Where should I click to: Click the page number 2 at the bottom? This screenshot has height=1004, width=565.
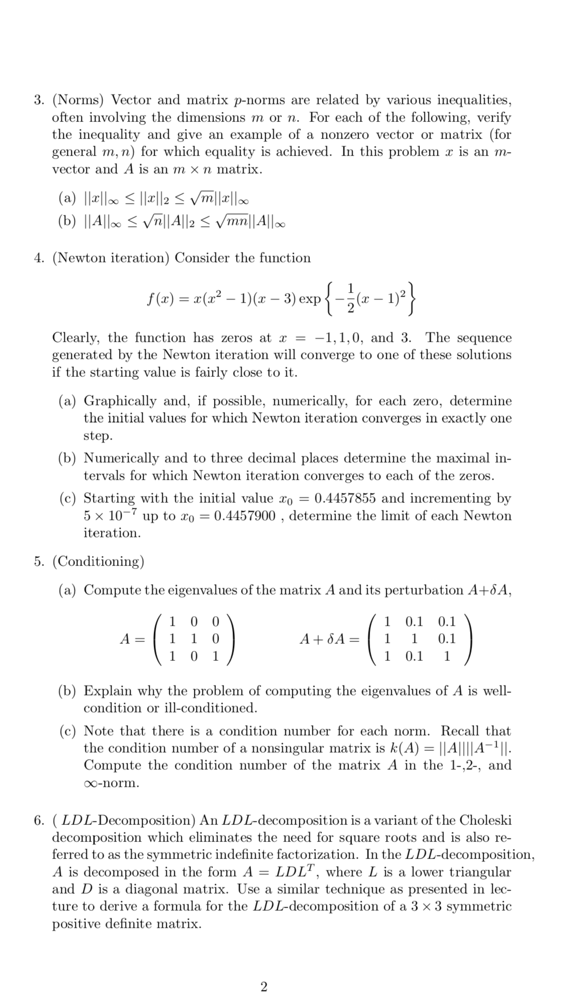(264, 987)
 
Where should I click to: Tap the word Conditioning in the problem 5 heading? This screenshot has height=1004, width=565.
(98, 561)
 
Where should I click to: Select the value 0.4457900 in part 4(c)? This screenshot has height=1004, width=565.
(245, 516)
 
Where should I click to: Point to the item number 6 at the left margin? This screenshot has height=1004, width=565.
(39, 820)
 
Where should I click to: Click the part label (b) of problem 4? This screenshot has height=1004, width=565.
(68, 458)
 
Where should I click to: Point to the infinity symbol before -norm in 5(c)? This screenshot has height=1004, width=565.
(92, 783)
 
